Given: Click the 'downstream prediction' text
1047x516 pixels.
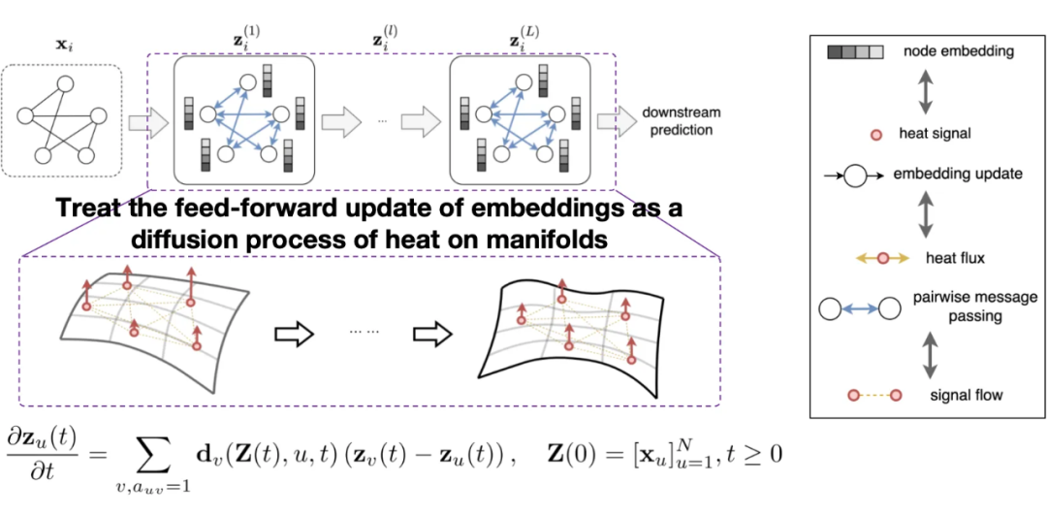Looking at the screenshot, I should pos(677,121).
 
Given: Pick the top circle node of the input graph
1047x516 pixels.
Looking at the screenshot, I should pos(64,84).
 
